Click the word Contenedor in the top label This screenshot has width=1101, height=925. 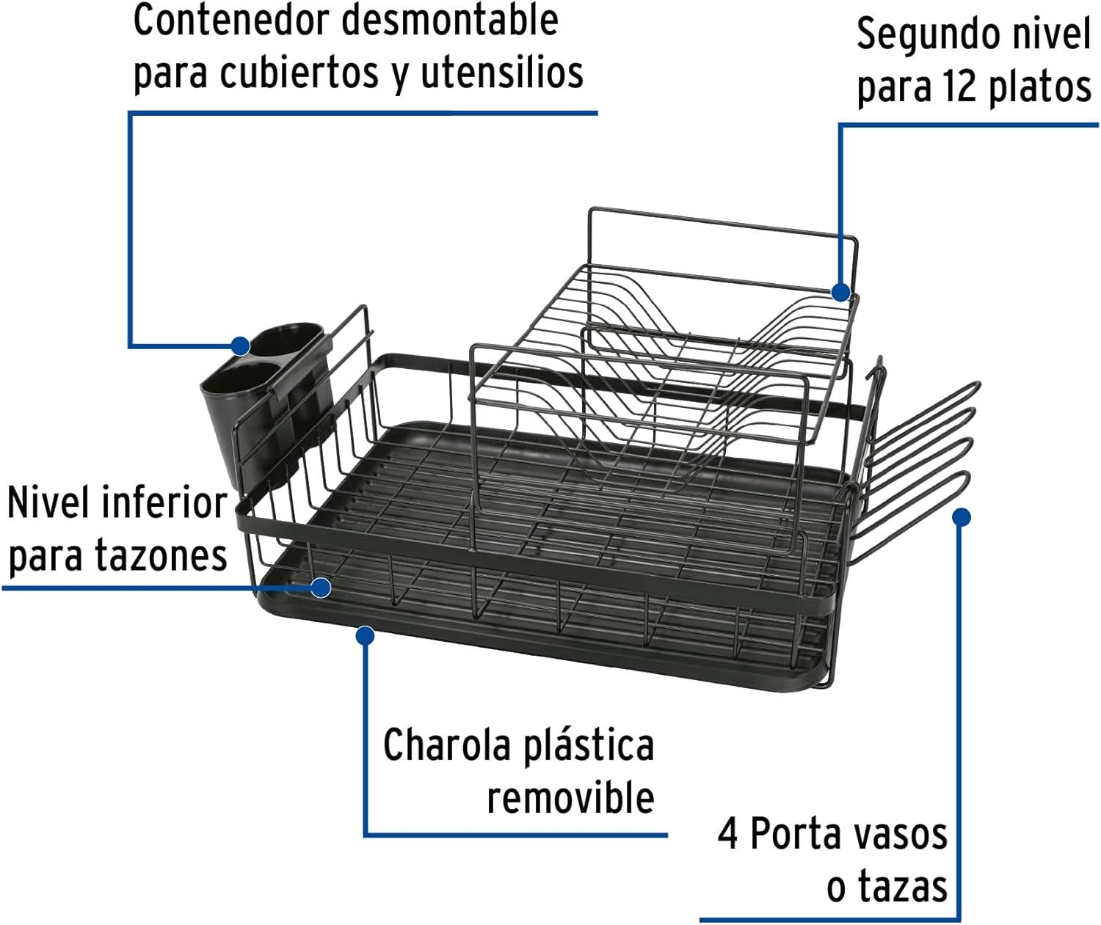coord(233,21)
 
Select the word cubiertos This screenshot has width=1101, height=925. coord(299,72)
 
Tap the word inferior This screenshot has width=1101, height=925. coord(164,502)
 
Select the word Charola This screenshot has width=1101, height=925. coord(447,745)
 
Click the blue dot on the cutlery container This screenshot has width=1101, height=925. coord(241,346)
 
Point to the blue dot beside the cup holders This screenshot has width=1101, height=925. coord(962,517)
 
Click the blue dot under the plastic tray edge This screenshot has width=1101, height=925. coord(365,636)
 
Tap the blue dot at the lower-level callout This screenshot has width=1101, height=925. coord(321,587)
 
